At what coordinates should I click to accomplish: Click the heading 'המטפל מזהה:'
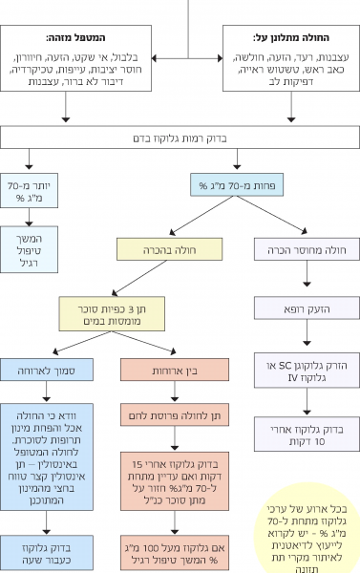pos(100,37)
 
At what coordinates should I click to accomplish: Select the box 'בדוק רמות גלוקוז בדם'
pos(180,138)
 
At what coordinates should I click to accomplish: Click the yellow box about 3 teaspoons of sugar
pos(113,311)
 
